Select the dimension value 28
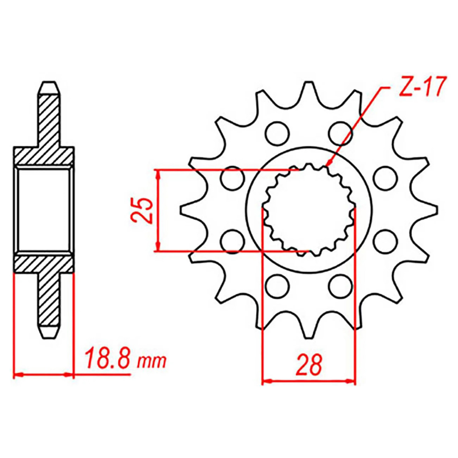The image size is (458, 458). pyautogui.click(x=309, y=365)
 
